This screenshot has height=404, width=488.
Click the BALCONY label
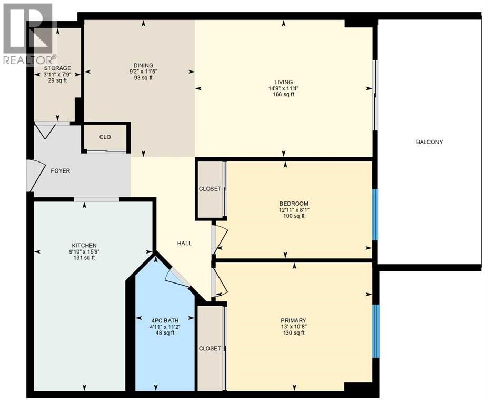[x=430, y=142]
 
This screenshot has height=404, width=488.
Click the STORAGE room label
[x=57, y=68]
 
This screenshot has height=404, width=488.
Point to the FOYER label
[x=60, y=171]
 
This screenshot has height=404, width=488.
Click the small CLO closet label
[x=105, y=137]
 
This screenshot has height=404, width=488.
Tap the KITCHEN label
[x=84, y=245]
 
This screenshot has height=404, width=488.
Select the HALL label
[x=184, y=243]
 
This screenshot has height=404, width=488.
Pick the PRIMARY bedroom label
[x=293, y=320]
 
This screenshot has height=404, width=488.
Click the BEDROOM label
[x=294, y=204]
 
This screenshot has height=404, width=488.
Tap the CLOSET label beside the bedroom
[x=210, y=189]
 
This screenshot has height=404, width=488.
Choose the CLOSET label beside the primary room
[x=210, y=348]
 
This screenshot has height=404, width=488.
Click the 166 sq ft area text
[x=284, y=95]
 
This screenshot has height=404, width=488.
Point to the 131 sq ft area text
[x=84, y=258]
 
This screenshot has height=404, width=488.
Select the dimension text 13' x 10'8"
[x=293, y=327]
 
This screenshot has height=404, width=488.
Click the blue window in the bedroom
[x=375, y=215]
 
